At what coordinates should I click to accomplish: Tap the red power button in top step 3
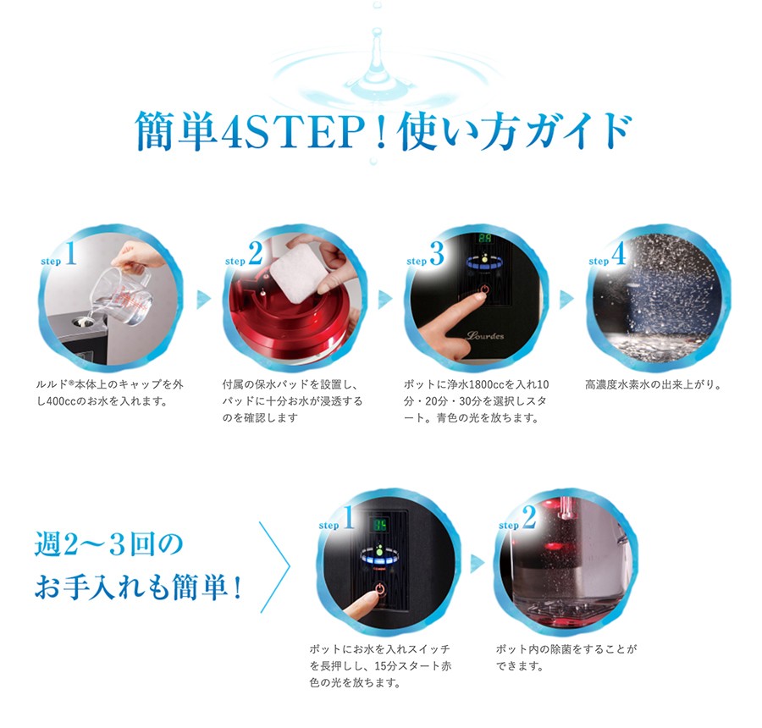point(483,292)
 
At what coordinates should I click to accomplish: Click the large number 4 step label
point(619,255)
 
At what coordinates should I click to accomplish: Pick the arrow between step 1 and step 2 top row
point(204,299)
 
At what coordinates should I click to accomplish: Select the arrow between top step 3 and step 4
point(566,299)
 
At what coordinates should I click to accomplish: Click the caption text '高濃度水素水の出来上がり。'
point(653,384)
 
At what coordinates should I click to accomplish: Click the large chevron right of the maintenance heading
point(277,561)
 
